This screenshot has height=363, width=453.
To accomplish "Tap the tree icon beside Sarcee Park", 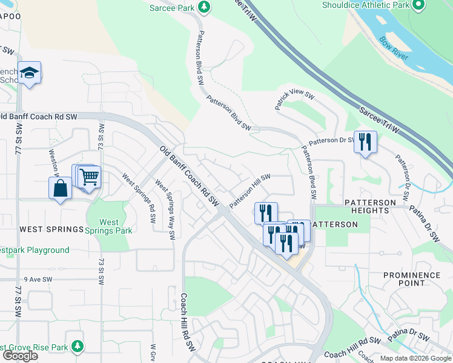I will [x=205, y=7].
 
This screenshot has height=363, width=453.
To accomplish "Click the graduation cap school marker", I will [x=29, y=73].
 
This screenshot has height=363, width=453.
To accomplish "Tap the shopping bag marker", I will [x=61, y=188].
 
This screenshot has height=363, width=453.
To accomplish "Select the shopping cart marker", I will [x=89, y=177].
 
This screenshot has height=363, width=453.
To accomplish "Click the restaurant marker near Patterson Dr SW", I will [x=365, y=142].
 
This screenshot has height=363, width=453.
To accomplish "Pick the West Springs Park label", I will [x=109, y=226].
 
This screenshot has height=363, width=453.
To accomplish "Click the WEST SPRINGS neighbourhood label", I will [x=51, y=229].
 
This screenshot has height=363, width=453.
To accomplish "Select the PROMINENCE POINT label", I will [x=412, y=279].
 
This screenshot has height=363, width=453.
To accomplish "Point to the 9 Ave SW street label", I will [x=39, y=280].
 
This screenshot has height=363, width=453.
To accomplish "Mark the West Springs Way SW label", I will [x=165, y=208].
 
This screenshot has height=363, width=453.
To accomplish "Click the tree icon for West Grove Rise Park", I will [x=77, y=347].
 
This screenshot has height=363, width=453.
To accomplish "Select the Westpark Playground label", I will [x=35, y=250].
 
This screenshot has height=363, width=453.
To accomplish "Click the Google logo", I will [x=20, y=356].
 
